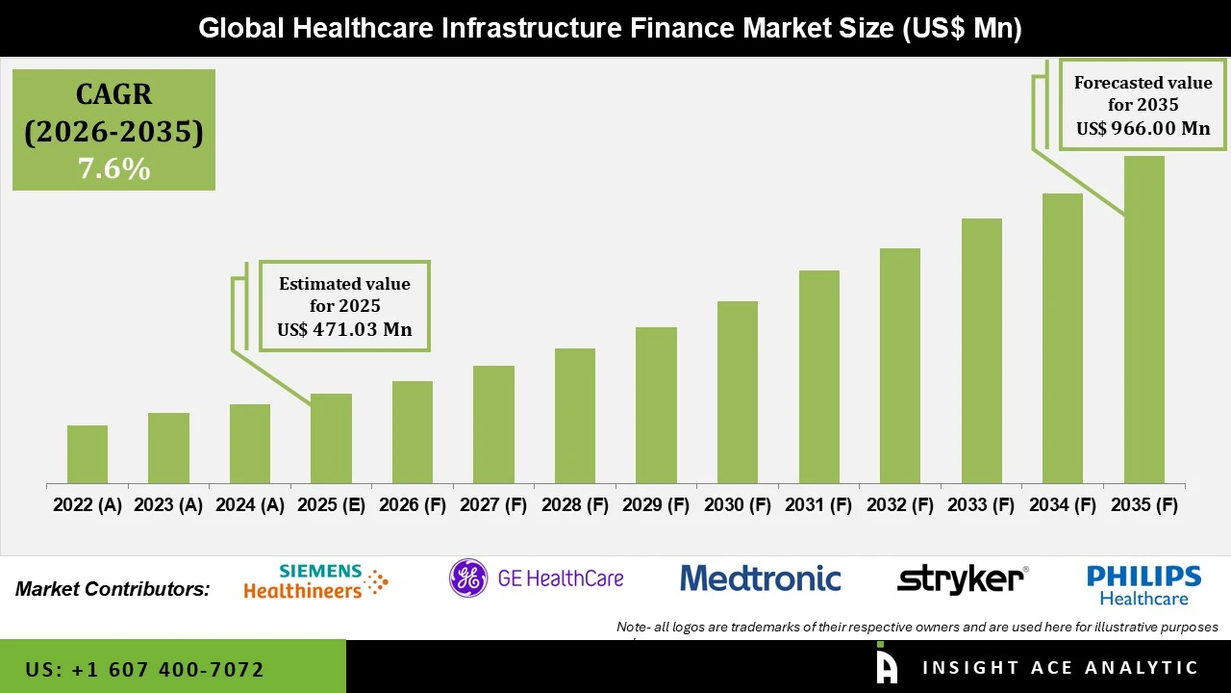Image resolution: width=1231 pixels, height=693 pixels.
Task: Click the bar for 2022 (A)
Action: (x=88, y=454)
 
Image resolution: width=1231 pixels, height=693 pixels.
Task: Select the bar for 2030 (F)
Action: (x=737, y=392)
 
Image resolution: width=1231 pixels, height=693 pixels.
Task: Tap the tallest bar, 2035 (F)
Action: (x=1143, y=320)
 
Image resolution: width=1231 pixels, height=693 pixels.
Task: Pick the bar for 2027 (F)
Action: (x=493, y=424)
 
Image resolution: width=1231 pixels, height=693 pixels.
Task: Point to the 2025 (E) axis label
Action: (x=331, y=505)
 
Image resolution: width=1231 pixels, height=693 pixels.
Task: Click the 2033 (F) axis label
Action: (x=981, y=505)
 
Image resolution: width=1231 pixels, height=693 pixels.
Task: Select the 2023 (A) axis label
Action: (x=168, y=505)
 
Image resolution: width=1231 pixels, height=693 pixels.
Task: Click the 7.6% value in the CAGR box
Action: (x=113, y=169)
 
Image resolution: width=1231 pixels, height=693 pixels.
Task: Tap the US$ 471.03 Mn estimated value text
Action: (x=344, y=329)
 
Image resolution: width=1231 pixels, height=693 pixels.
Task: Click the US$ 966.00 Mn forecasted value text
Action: (x=1143, y=128)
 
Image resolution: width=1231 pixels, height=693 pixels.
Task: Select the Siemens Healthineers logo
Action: (x=315, y=582)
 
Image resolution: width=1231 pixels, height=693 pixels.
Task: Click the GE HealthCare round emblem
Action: (x=468, y=578)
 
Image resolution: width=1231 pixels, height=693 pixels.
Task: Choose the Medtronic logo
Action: (x=760, y=578)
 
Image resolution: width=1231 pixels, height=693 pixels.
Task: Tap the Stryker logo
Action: (x=961, y=580)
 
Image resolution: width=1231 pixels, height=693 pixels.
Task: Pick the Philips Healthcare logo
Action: (x=1143, y=584)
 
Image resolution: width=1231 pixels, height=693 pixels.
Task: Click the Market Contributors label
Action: (x=113, y=589)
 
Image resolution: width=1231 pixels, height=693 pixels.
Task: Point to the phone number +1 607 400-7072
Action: (x=144, y=669)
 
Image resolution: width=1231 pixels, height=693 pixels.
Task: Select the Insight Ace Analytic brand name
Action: (x=1060, y=668)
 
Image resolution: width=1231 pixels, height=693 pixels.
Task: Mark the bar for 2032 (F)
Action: (x=899, y=366)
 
